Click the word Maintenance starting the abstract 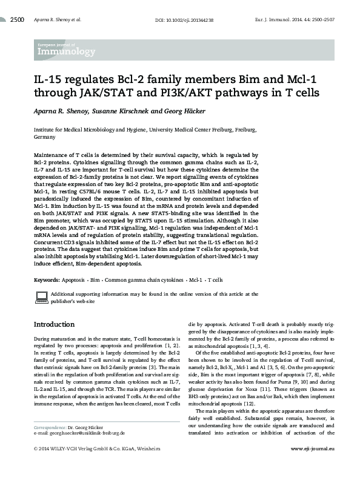[x=52, y=156]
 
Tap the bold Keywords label [x=46, y=280]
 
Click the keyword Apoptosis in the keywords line [x=73, y=280]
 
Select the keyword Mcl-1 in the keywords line [x=194, y=280]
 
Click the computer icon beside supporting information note [x=41, y=296]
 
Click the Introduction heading [x=58, y=324]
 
